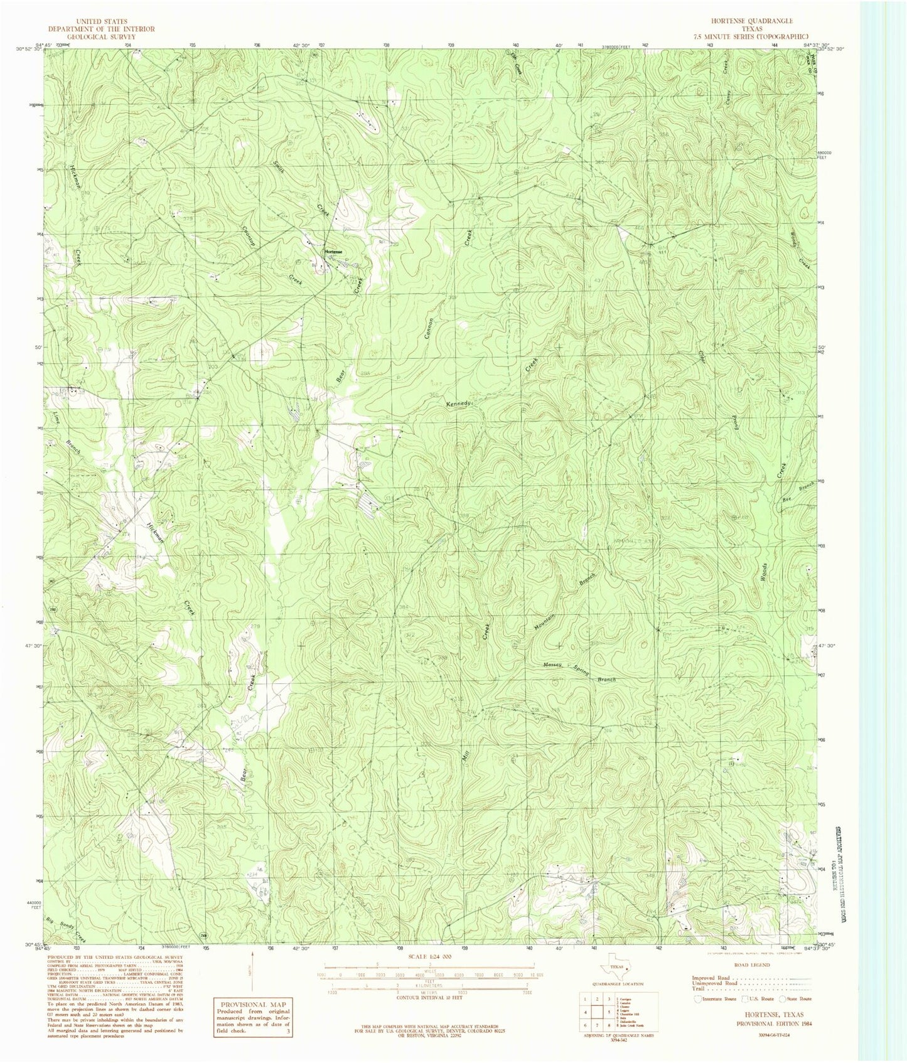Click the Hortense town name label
333,251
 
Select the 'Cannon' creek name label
429,328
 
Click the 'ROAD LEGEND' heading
752,965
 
